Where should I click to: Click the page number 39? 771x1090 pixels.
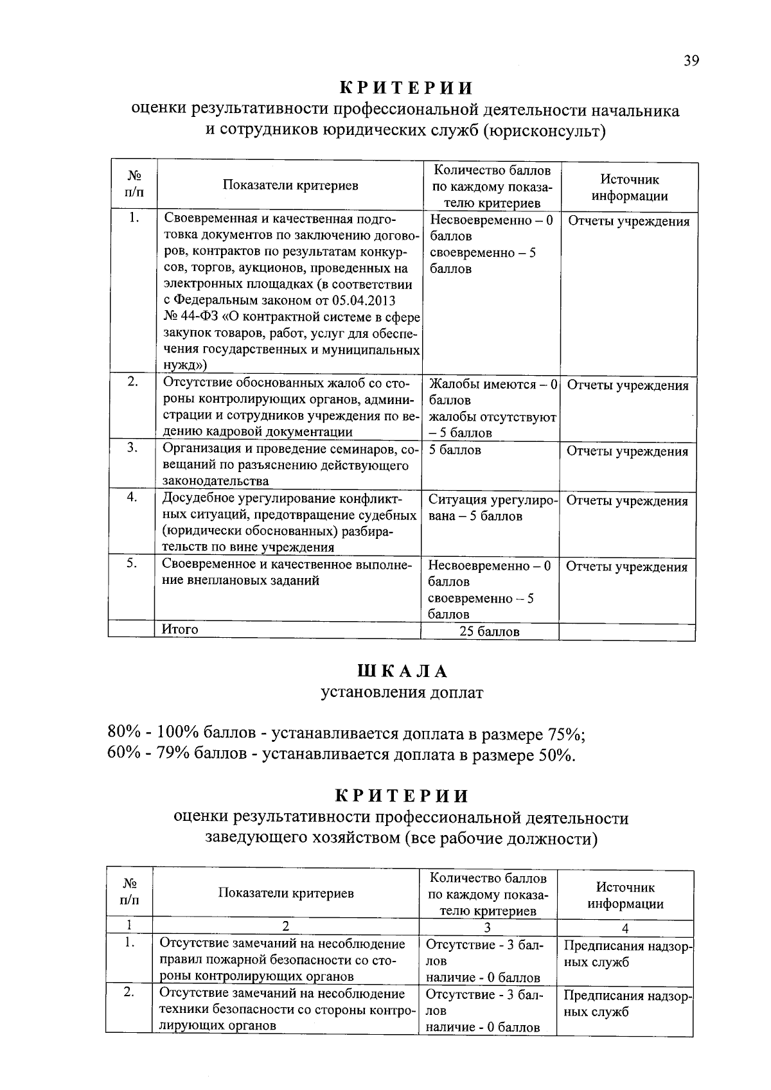(691, 61)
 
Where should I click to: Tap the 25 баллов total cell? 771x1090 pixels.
(489, 632)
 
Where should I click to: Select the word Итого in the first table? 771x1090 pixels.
(180, 629)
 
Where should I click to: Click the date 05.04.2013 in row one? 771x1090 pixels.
(364, 301)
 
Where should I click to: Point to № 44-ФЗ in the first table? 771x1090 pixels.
(188, 317)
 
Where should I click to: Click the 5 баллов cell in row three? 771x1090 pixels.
(455, 450)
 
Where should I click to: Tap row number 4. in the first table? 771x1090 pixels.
(131, 497)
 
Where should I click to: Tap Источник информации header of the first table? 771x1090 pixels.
(629, 188)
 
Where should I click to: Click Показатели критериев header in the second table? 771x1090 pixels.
(286, 893)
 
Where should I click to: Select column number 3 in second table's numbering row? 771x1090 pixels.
(487, 927)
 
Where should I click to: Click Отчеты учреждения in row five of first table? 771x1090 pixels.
(626, 567)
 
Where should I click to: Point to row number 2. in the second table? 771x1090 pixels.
(128, 992)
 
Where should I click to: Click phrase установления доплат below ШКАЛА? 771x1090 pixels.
(402, 692)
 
